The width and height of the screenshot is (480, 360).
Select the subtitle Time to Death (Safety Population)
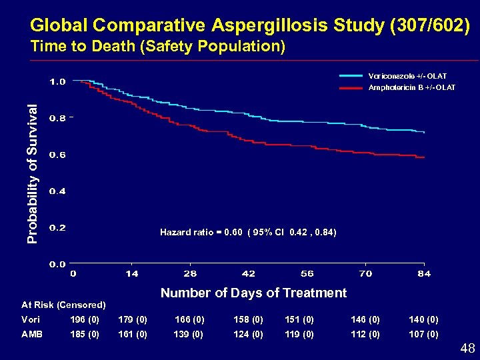(158, 47)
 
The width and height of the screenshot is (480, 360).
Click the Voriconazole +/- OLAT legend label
(407, 76)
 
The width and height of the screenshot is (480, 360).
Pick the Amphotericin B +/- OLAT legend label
(412, 87)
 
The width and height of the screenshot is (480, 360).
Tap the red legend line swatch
(353, 87)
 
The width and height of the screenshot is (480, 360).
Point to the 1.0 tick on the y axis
(58, 82)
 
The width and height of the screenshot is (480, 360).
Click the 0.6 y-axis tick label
(58, 155)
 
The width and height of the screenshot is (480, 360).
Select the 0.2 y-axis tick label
(58, 227)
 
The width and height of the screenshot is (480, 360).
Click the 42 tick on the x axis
(249, 273)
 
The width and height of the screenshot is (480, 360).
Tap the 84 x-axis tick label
(424, 273)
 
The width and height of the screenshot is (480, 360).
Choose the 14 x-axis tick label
(131, 273)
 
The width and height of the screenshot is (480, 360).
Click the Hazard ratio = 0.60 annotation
(248, 232)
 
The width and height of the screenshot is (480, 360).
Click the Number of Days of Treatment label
(253, 293)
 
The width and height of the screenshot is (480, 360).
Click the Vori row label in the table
(30, 319)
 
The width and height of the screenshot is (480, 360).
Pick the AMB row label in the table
(31, 334)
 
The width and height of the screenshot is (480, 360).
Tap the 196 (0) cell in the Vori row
(85, 319)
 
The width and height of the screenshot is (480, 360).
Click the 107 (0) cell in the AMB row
(423, 334)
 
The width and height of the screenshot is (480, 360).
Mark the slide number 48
(467, 347)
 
